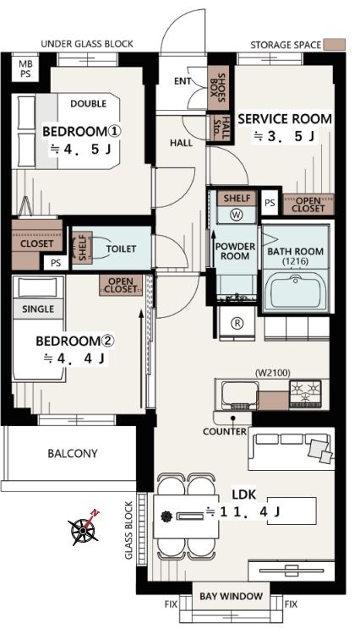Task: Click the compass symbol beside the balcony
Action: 84,529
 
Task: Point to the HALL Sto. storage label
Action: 221,128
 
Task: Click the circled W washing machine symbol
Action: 236,215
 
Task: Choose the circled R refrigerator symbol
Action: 237,323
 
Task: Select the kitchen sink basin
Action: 238,395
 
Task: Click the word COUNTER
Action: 225,431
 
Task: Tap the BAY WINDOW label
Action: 231,596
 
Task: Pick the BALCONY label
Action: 73,453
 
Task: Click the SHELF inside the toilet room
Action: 82,247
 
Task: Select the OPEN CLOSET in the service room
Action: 308,205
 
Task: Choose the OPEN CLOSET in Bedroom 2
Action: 121,286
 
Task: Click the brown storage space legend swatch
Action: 335,44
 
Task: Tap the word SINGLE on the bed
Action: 38,309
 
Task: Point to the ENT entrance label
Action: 182,81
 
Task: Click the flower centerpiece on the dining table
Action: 166,516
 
